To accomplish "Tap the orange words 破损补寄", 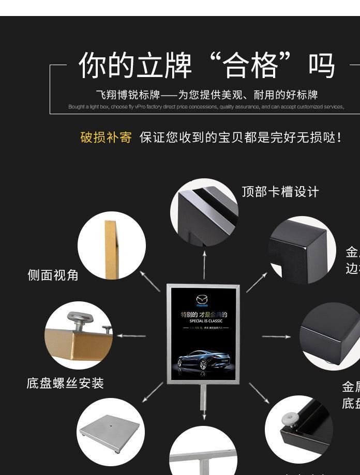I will click(106, 137).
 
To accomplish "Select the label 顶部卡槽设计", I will click(280, 192).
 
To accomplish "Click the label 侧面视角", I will click(53, 275).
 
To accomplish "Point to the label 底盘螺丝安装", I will click(65, 383).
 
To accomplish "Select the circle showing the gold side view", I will click(111, 246).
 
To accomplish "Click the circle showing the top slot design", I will click(204, 212).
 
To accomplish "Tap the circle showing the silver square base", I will click(110, 432).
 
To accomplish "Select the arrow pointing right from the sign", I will click(276, 336).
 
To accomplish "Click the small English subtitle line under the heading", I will click(206, 107).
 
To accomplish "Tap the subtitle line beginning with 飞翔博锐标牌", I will click(206, 95).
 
